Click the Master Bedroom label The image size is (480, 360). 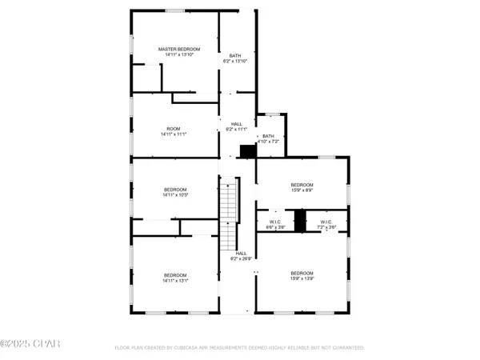(178, 50)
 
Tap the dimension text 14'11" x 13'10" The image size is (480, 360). (178, 55)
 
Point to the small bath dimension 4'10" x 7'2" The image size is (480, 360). (268, 141)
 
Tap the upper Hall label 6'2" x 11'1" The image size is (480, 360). (237, 126)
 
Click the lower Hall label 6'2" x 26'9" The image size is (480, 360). (241, 256)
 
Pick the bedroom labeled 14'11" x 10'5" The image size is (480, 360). (174, 192)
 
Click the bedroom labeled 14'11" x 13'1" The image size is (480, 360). (174, 278)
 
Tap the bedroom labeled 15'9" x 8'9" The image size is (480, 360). (302, 188)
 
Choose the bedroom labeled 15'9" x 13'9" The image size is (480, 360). (302, 276)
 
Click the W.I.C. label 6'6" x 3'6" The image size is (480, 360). (275, 225)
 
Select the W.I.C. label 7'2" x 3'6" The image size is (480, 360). (326, 225)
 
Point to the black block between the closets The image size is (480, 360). (300, 221)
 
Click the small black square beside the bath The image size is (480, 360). (248, 150)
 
